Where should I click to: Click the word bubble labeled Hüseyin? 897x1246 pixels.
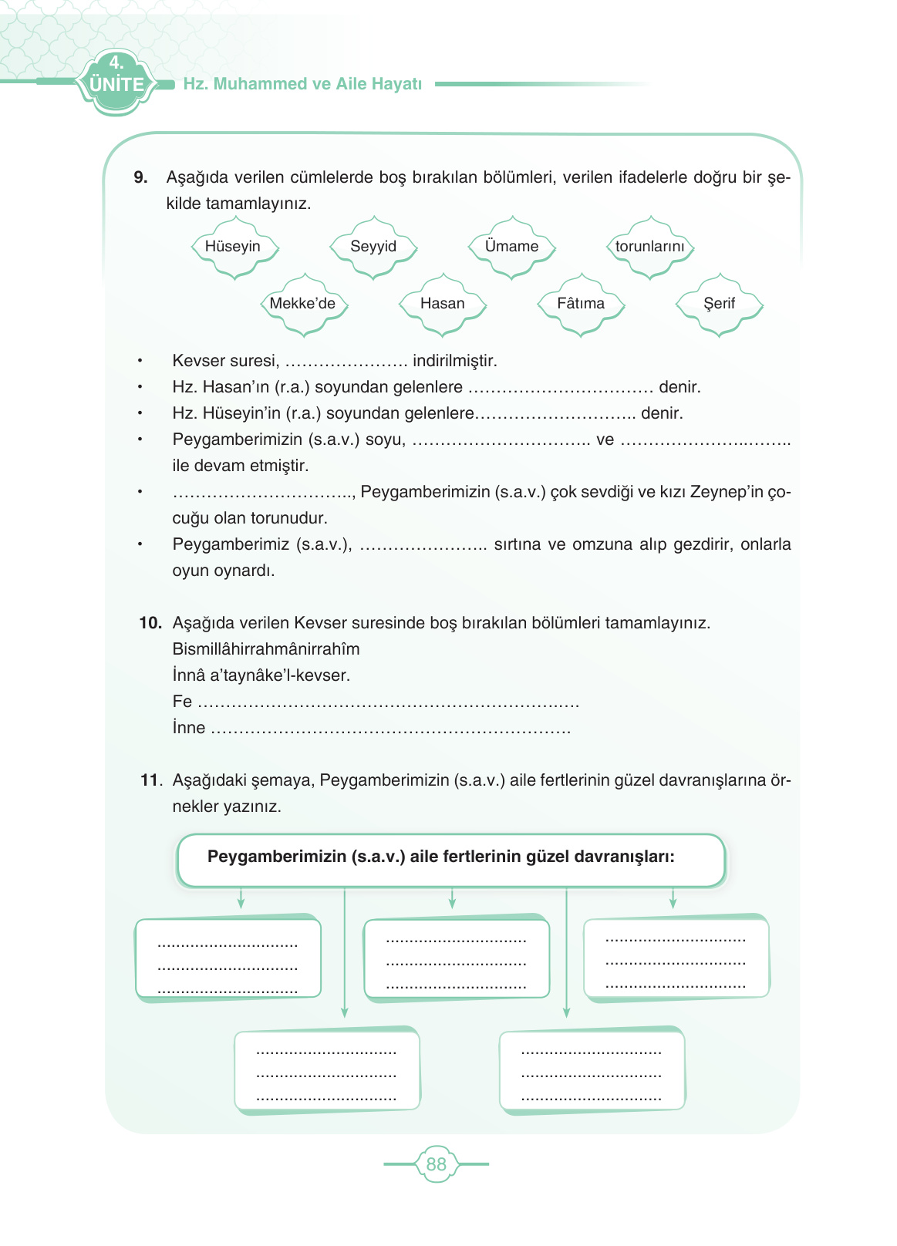(233, 247)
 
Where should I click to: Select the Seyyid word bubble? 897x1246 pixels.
(373, 247)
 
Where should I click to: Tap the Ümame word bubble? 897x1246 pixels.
(511, 247)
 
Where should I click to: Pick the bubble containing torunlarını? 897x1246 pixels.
(649, 247)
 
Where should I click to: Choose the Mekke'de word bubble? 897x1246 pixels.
(303, 304)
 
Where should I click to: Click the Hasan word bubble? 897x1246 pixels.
(442, 304)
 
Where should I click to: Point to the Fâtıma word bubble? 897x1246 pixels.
(581, 304)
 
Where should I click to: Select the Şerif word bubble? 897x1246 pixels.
(719, 304)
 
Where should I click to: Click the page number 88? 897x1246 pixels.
(437, 1164)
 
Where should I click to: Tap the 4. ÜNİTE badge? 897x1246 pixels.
(116, 79)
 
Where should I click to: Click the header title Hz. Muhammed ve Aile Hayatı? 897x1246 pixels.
(302, 84)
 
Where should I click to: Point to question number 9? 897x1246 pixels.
(141, 177)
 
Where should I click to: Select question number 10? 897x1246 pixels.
(150, 623)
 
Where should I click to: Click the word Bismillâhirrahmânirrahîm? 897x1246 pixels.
(266, 649)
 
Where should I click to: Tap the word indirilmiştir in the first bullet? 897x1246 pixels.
(455, 361)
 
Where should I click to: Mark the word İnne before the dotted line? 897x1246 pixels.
(189, 728)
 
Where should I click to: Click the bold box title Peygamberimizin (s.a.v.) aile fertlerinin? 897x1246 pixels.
(440, 857)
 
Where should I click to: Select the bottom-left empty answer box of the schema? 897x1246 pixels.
(327, 1072)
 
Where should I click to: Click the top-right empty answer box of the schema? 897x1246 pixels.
(676, 958)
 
